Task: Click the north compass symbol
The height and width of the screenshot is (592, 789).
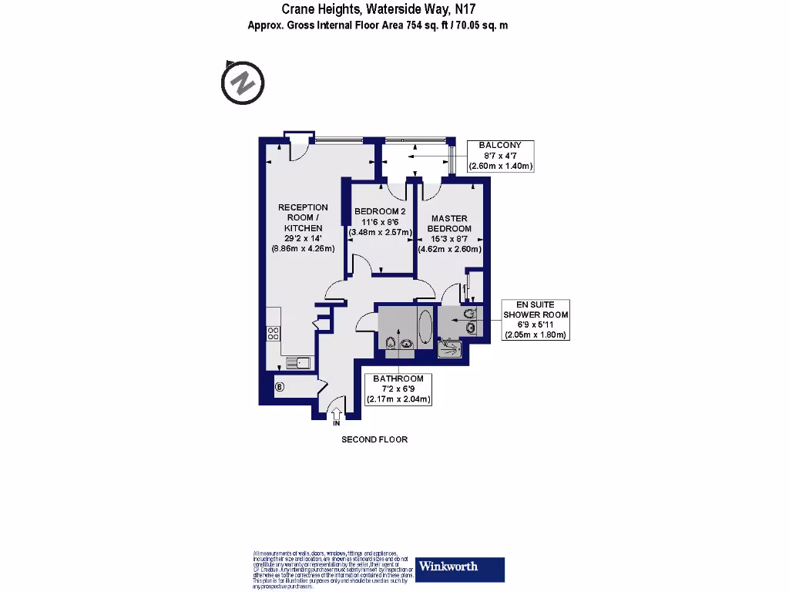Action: (243, 81)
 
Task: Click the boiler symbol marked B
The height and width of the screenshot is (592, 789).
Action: (279, 387)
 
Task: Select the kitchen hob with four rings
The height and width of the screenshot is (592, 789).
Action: (273, 333)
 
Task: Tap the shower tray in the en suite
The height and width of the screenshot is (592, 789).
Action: (450, 349)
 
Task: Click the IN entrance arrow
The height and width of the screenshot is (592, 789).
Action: (337, 416)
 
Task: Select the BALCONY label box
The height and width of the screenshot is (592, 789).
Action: (500, 156)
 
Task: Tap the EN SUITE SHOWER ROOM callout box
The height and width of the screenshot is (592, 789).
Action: (536, 320)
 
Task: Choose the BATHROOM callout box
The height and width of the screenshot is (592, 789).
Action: (398, 389)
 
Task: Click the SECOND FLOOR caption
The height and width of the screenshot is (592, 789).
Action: (374, 439)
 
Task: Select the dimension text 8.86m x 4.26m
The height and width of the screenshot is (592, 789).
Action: (303, 249)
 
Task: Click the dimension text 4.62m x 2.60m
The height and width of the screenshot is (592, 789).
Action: (450, 249)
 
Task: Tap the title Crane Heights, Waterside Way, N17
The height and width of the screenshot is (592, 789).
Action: (378, 10)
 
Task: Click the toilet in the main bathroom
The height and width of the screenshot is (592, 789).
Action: (391, 344)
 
